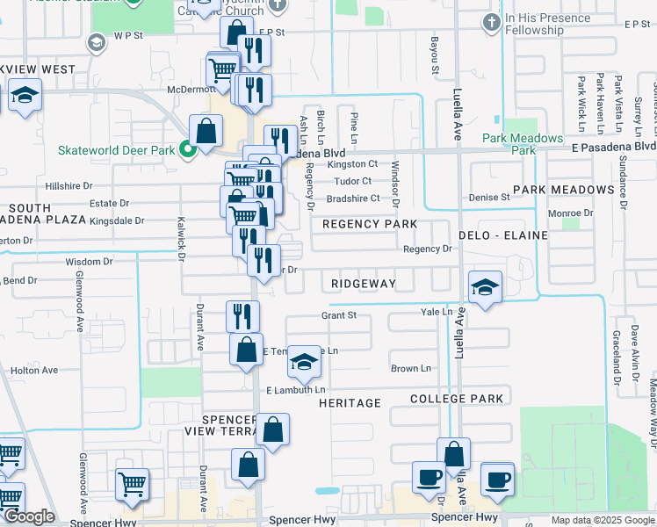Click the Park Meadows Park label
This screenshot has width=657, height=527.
522,144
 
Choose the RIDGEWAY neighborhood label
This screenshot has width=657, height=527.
364,284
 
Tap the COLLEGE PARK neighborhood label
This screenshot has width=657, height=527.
457,399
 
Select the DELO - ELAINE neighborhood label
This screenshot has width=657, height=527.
502,235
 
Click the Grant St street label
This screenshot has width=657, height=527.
338,314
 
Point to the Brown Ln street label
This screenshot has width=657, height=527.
411,368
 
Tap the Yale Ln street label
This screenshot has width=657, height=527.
436,312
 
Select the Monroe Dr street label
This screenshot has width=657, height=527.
571,213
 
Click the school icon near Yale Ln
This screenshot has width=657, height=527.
485,288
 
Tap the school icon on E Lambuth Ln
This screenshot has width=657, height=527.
303,362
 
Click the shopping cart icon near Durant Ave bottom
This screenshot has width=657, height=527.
132,483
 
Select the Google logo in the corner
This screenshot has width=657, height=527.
29,517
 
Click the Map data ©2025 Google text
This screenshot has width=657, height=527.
603,520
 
